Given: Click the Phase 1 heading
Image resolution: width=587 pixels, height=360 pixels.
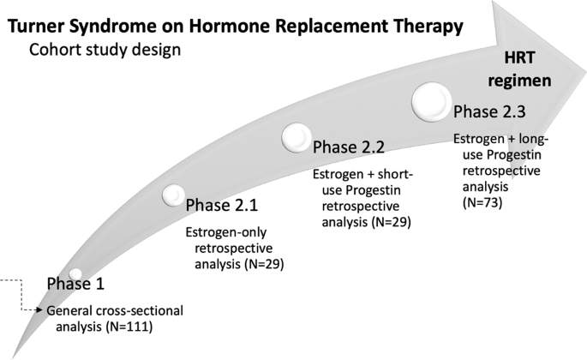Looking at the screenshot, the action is (x=75, y=284).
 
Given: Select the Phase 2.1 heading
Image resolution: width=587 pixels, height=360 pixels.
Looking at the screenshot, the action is (x=222, y=206).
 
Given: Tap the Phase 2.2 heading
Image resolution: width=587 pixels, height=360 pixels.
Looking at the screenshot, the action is (x=349, y=147).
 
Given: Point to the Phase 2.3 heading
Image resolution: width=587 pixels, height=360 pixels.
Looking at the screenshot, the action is (x=489, y=111).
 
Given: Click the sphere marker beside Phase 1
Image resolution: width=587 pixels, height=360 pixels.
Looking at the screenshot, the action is (x=75, y=273).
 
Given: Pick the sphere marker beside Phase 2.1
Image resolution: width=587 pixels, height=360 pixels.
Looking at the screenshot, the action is (x=174, y=195).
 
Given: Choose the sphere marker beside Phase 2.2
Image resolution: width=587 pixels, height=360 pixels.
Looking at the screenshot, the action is (x=296, y=137).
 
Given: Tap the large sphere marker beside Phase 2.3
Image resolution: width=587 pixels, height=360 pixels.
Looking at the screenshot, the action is (x=432, y=102).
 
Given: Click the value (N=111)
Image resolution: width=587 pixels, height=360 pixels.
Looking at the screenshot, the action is (x=129, y=327).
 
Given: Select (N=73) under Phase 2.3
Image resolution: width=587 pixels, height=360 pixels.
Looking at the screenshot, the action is (x=482, y=202).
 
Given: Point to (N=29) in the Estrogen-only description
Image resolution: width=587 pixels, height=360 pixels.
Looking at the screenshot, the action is (x=264, y=264).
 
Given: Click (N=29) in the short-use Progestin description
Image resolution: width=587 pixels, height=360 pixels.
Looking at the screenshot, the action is (x=392, y=222).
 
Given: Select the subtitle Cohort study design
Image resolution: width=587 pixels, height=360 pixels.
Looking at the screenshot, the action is (x=105, y=50).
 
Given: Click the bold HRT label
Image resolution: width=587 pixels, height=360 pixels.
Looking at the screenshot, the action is (x=519, y=57).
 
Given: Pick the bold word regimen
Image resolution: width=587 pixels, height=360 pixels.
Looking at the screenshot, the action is (x=519, y=81).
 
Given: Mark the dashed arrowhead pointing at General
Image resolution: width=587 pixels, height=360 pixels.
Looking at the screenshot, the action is (x=39, y=310).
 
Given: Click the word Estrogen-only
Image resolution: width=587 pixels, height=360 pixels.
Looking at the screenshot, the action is (x=226, y=232).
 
